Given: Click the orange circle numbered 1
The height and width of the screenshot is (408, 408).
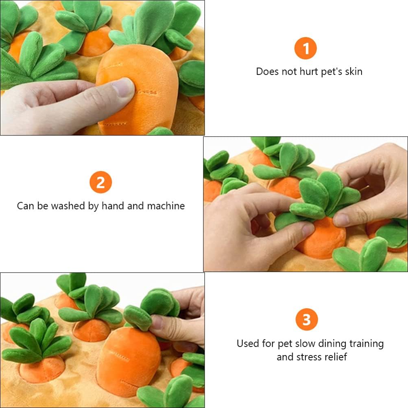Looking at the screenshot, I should [305, 48].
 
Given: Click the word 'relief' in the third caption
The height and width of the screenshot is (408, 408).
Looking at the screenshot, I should [336, 357].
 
